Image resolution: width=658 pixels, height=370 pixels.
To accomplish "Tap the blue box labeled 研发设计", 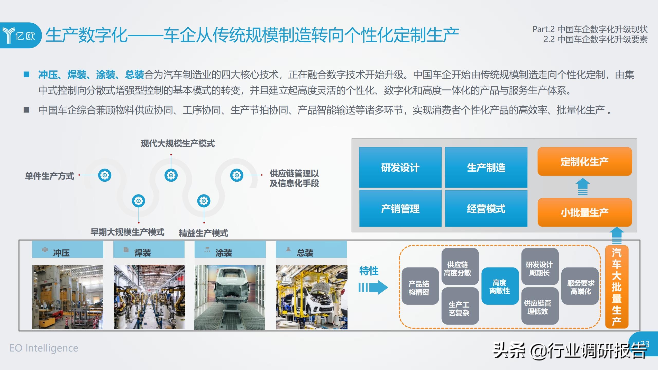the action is tap(400, 168).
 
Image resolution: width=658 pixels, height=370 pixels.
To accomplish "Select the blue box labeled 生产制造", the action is tap(486, 168).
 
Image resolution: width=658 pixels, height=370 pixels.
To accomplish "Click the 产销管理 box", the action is tap(400, 208).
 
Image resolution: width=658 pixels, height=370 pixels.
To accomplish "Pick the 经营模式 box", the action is tap(486, 208).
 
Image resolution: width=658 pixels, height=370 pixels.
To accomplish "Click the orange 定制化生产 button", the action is tap(584, 161).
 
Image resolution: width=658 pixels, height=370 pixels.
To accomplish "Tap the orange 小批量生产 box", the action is tap(584, 212).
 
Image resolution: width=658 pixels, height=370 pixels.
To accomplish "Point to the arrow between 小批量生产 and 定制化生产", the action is tap(583, 187).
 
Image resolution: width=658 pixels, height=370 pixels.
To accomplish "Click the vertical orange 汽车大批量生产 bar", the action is tap(617, 287).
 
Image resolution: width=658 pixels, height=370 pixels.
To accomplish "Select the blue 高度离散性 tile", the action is tap(500, 286).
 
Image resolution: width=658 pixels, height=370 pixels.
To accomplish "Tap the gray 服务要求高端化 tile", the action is tap(580, 286).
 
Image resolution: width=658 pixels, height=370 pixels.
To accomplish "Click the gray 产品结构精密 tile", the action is tap(420, 286).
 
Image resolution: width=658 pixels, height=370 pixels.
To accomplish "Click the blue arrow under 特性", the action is tap(373, 287).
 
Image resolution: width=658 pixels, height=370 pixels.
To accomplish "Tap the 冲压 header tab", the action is tap(68, 249).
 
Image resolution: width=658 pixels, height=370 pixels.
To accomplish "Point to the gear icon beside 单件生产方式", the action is tap(105, 175).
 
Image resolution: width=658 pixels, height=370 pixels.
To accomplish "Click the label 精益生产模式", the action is tap(203, 233).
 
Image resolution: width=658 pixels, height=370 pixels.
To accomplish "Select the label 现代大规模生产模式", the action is tap(178, 143).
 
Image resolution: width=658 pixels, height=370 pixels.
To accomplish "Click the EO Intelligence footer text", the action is tap(44, 348).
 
